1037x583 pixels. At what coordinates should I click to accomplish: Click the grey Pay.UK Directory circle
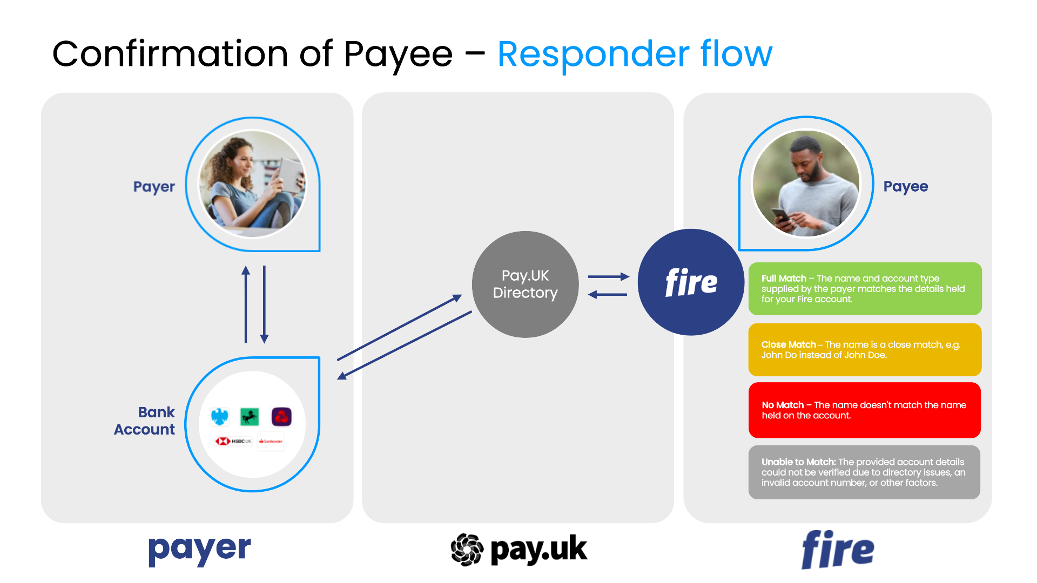point(525,284)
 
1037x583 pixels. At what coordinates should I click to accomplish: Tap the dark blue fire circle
point(691,282)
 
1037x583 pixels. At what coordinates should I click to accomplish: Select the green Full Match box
point(865,289)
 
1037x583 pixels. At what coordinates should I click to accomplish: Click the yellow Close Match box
point(865,350)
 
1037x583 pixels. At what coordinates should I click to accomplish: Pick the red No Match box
point(864,410)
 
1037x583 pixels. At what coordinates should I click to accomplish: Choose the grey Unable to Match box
point(864,472)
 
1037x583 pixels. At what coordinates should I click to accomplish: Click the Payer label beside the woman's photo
point(154,187)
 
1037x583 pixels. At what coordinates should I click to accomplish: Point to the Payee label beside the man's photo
point(905,187)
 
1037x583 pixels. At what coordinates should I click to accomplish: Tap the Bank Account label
point(145,421)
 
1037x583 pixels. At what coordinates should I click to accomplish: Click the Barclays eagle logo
point(220,417)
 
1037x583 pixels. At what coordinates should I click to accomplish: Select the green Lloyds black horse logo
point(250,417)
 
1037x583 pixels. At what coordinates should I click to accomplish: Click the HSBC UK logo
point(233,442)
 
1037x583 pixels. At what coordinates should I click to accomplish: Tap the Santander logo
point(271,442)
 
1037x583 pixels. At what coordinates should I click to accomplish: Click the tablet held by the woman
point(292,174)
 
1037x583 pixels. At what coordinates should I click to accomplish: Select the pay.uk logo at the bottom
point(518,550)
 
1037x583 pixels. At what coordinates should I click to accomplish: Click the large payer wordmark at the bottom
point(199,550)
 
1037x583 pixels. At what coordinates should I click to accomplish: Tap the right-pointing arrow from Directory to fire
point(609,276)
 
